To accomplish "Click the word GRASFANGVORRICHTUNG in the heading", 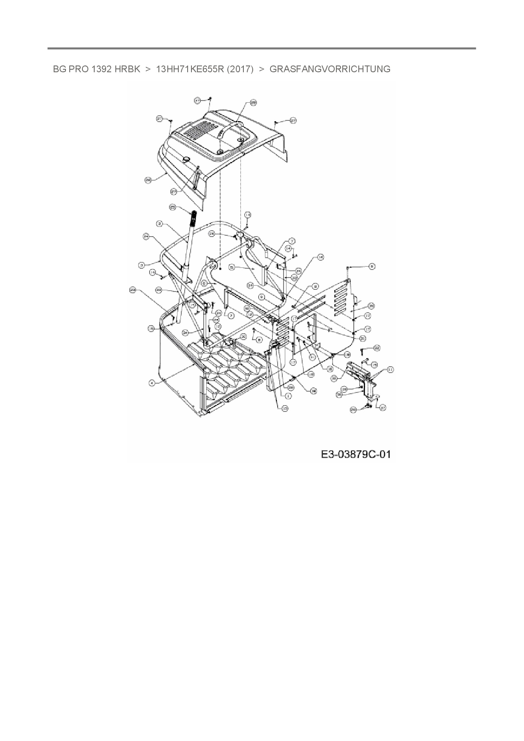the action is click(x=330, y=69).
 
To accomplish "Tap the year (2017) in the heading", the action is click(x=240, y=69).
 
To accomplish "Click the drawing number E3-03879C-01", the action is click(x=356, y=455).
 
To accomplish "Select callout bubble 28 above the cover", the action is click(x=254, y=103).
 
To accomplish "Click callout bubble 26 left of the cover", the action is click(x=148, y=180).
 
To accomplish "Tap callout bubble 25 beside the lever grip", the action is click(x=172, y=207).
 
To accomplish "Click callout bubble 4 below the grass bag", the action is click(x=151, y=383).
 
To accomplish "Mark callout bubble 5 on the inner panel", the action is click(x=232, y=267).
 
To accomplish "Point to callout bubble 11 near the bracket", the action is click(x=390, y=370).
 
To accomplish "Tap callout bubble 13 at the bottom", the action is click(x=285, y=408).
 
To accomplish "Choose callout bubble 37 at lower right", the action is click(x=383, y=408).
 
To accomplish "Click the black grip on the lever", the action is click(x=194, y=217).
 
